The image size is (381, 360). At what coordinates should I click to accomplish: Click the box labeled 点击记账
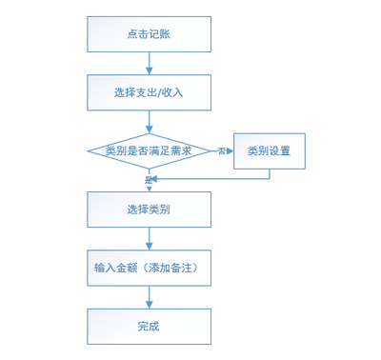pyautogui.click(x=149, y=34)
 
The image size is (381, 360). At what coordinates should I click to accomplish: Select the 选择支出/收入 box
pyautogui.click(x=149, y=92)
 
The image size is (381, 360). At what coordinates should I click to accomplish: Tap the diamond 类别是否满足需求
pyautogui.click(x=149, y=150)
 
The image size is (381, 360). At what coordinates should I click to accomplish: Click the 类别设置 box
pyautogui.click(x=270, y=150)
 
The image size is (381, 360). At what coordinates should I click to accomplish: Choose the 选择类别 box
pyautogui.click(x=149, y=210)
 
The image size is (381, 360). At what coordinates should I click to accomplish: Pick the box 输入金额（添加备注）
pyautogui.click(x=149, y=268)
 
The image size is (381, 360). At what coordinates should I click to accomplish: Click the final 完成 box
pyautogui.click(x=149, y=326)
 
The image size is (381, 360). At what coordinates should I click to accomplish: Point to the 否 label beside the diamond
pyautogui.click(x=221, y=151)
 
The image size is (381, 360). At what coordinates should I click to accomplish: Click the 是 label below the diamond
pyautogui.click(x=148, y=179)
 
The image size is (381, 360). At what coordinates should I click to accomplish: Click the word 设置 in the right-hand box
pyautogui.click(x=281, y=150)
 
